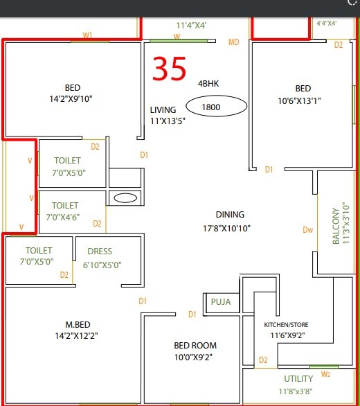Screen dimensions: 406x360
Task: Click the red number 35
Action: point(170,69)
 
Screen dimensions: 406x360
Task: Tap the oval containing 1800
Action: point(215,107)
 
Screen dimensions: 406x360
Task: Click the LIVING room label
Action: point(163,110)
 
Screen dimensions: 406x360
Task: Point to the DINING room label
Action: point(229,215)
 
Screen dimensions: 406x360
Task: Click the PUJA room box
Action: point(222,302)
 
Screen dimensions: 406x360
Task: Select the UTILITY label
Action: point(298,379)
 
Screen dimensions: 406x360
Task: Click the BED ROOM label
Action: point(195,346)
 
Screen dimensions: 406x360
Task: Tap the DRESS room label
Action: point(100,251)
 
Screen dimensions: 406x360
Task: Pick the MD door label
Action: point(234,43)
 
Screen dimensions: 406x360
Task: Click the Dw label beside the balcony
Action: point(308,231)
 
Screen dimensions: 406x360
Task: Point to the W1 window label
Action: point(87,35)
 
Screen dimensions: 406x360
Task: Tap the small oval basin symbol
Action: point(125,198)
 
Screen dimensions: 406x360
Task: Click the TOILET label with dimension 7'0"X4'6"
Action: point(65,206)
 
